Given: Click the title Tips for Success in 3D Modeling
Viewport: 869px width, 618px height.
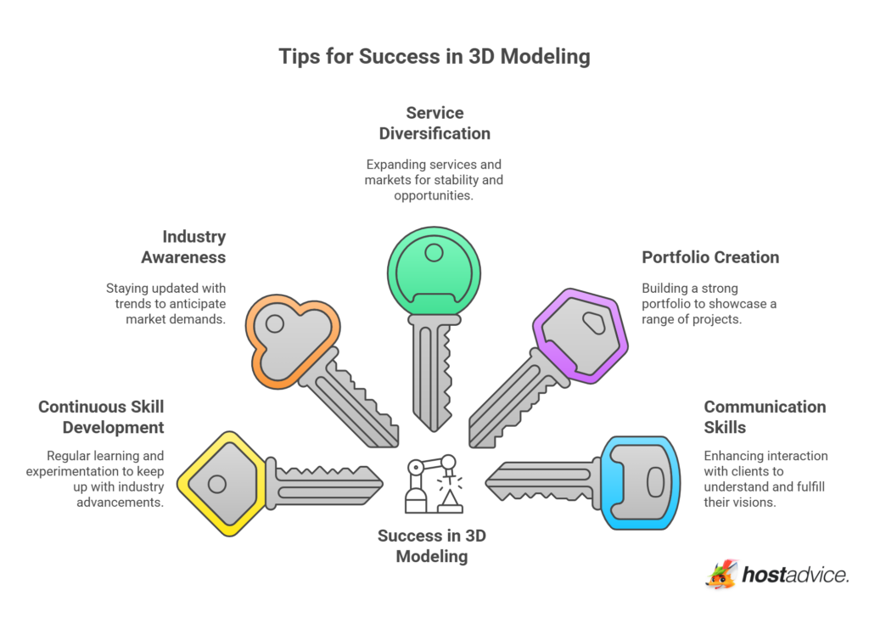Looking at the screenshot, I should point(434,57).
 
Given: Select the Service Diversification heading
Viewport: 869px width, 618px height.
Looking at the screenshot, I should point(434,123).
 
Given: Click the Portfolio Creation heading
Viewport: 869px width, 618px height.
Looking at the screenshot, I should point(710,257).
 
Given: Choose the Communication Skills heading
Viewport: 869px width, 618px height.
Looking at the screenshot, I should point(765,417).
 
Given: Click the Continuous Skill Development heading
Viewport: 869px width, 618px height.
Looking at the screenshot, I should point(101,417).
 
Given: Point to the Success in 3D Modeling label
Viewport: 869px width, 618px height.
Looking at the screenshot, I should point(434,546).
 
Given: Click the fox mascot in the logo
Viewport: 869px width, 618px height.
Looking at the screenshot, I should point(721,575).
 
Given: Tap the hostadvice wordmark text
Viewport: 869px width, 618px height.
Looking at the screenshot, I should point(795,576).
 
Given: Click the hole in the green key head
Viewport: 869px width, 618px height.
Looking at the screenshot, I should point(434,252).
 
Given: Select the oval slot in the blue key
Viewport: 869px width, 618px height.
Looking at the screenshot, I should point(655,482).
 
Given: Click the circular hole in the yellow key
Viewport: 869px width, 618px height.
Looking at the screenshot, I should point(216,485).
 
